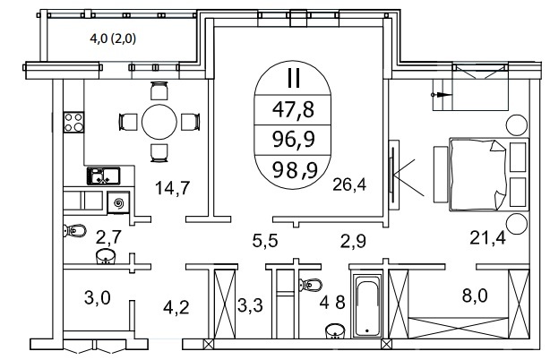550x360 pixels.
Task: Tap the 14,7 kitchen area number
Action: coord(172,187)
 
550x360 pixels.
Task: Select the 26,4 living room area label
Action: coord(349,184)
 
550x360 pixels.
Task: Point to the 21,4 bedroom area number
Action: coord(487,238)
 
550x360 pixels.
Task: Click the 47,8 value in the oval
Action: coord(293,109)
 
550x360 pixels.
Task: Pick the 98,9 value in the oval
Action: coord(295,170)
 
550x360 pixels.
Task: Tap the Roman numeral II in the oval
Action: coord(293,78)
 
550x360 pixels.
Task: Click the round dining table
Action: coord(159,122)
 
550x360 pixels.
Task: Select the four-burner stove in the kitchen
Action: coord(73,122)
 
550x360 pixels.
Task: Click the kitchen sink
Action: coord(104,176)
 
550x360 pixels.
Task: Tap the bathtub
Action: coord(367,306)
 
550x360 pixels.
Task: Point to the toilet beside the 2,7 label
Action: coord(74,231)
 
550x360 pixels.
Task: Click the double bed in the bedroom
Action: coord(488,175)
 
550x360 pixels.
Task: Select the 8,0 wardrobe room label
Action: coord(475,296)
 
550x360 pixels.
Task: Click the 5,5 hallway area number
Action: coord(265,241)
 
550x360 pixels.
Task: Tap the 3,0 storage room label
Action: coord(97,298)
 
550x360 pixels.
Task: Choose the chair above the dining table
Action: coord(159,90)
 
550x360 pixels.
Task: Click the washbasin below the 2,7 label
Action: coord(106,256)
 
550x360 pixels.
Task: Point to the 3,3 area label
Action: coord(250,305)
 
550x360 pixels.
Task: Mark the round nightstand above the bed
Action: coord(516,125)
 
